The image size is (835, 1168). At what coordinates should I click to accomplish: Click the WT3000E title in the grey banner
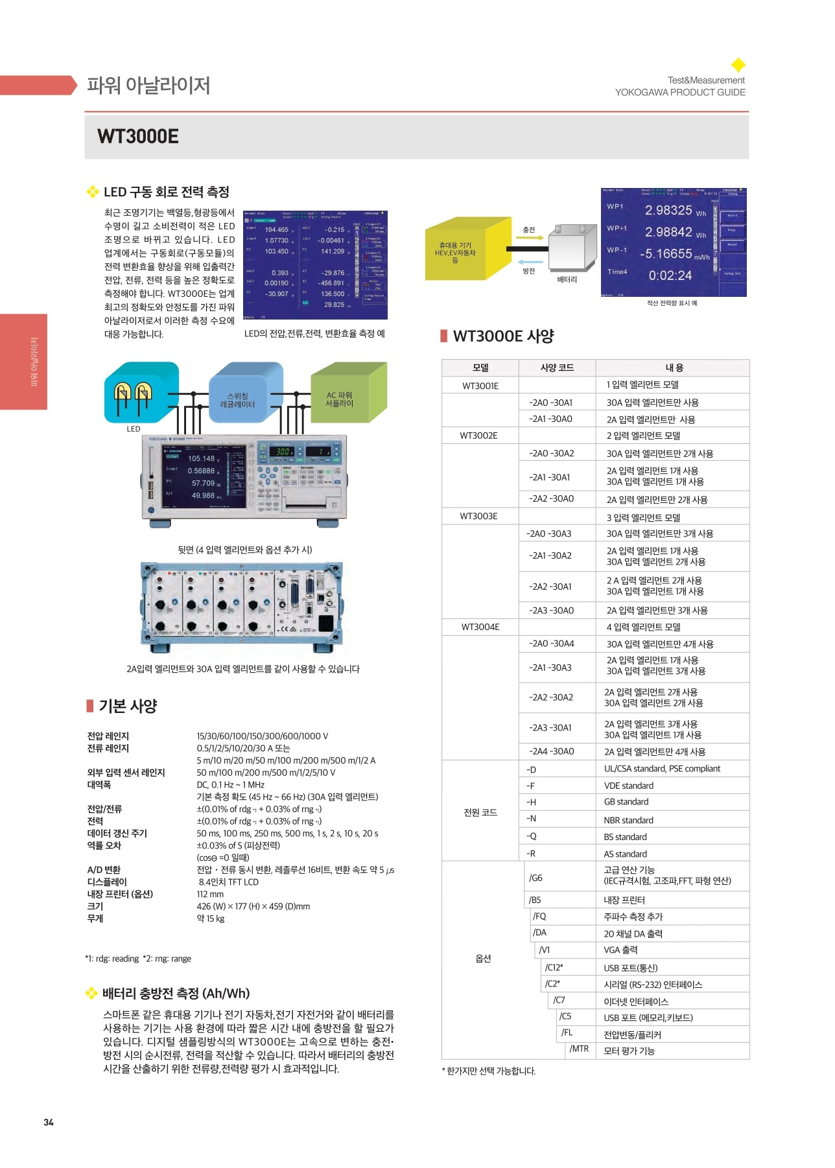pyautogui.click(x=138, y=136)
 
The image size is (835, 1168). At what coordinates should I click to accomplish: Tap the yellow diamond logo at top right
pyautogui.click(x=738, y=65)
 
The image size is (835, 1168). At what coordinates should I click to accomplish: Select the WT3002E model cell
pyautogui.click(x=479, y=436)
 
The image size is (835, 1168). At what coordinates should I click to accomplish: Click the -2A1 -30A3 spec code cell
pyautogui.click(x=550, y=668)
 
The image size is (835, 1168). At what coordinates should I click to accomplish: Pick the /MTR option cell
pyautogui.click(x=579, y=1049)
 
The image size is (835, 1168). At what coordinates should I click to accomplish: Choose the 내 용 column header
pyautogui.click(x=674, y=368)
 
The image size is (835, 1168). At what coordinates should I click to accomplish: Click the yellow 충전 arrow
pyautogui.click(x=530, y=238)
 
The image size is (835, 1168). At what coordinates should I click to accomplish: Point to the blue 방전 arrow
pyautogui.click(x=530, y=262)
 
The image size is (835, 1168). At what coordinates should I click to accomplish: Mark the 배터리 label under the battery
pyautogui.click(x=567, y=279)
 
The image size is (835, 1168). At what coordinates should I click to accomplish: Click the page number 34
pyautogui.click(x=49, y=1122)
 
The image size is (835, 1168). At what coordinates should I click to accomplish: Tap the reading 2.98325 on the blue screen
pyautogui.click(x=668, y=210)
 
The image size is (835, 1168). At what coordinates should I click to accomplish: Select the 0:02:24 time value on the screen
pyautogui.click(x=670, y=275)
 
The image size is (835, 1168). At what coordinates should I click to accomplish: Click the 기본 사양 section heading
pyautogui.click(x=128, y=706)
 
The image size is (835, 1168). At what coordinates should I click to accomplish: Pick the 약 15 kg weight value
pyautogui.click(x=211, y=918)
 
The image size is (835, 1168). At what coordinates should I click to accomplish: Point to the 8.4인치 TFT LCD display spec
pyautogui.click(x=229, y=882)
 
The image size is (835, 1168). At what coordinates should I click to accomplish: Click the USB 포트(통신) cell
pyautogui.click(x=631, y=968)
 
